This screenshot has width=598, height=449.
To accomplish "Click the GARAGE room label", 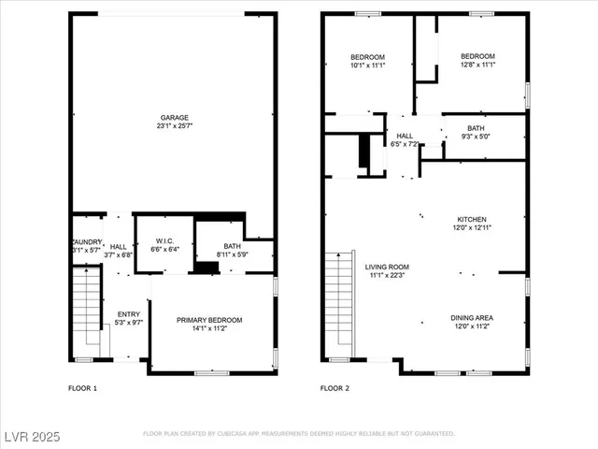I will tap(174, 118).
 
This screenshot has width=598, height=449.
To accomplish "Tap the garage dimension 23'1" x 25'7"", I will tap(174, 126).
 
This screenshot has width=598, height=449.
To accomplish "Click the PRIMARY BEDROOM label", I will tap(209, 320).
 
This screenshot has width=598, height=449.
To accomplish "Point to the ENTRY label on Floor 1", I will tap(128, 314).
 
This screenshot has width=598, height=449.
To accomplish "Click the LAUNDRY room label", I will tap(87, 241).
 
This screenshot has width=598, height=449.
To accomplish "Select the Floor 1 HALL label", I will tap(119, 245).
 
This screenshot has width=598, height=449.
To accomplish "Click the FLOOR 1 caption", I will tap(83, 387).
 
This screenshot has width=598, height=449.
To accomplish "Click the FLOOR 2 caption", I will tap(335, 387).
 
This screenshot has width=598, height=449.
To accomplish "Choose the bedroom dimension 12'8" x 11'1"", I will tap(477, 65).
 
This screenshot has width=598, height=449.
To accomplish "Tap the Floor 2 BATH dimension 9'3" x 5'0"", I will tap(476, 137).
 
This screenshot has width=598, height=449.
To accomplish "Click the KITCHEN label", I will tap(471, 219).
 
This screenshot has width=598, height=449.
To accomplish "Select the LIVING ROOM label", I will tap(387, 268).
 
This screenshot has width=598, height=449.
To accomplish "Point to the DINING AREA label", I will tap(472, 318).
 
